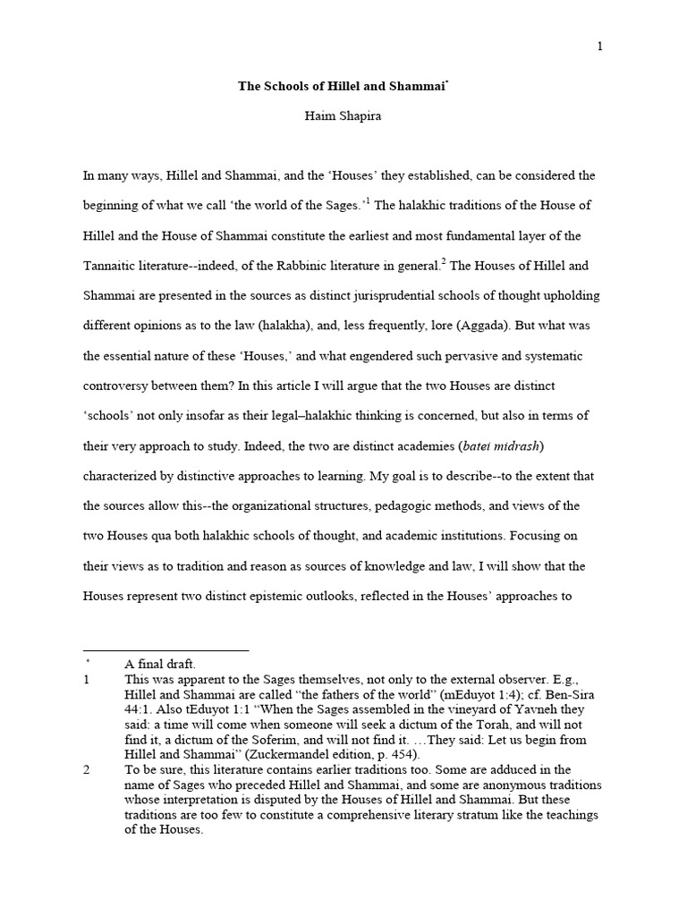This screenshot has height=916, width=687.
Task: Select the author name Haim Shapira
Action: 343,117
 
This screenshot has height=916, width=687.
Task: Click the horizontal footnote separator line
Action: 165,650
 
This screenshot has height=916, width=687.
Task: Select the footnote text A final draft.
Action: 160,664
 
